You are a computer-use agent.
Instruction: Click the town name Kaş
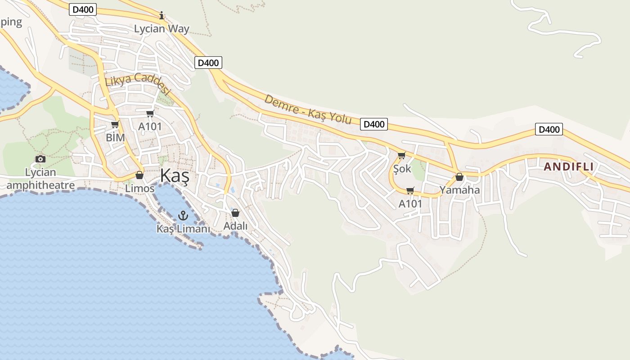[175, 175]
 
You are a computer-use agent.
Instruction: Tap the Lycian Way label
[162, 29]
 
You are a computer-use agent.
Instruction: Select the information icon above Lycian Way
[162, 16]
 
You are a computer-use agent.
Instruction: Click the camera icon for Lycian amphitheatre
[40, 159]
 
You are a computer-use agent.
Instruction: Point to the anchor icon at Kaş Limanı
[183, 216]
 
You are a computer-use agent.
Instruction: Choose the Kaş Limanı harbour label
[183, 229]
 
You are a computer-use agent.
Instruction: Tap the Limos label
[139, 188]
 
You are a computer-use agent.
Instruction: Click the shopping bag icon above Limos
[139, 175]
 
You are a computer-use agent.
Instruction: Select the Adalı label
[235, 226]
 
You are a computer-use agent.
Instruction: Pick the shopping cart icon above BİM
[115, 124]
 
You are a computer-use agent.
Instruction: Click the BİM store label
[115, 137]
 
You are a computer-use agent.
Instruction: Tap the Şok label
[402, 169]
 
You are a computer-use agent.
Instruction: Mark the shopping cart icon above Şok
[401, 155]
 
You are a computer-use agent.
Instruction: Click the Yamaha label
[459, 190]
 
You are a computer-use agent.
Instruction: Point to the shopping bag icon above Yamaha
[459, 177]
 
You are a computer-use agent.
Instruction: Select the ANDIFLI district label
[568, 166]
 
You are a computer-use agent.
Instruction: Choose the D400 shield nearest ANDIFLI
[549, 130]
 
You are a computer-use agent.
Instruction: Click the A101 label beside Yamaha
[410, 204]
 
